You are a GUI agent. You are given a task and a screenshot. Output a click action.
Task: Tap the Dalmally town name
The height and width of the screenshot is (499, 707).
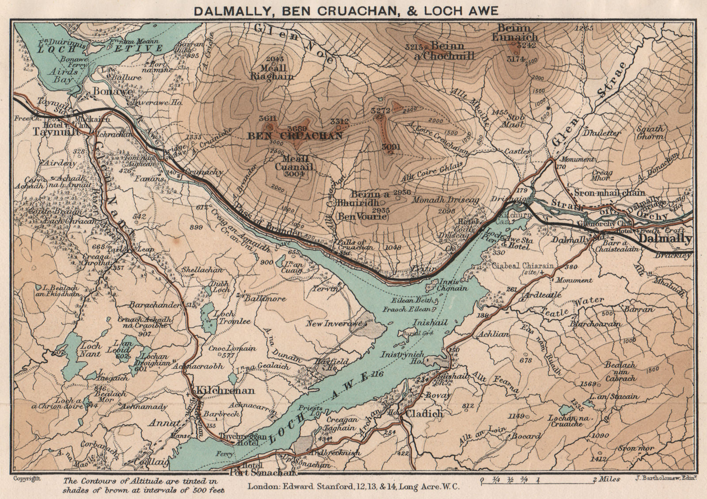[665, 239]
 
